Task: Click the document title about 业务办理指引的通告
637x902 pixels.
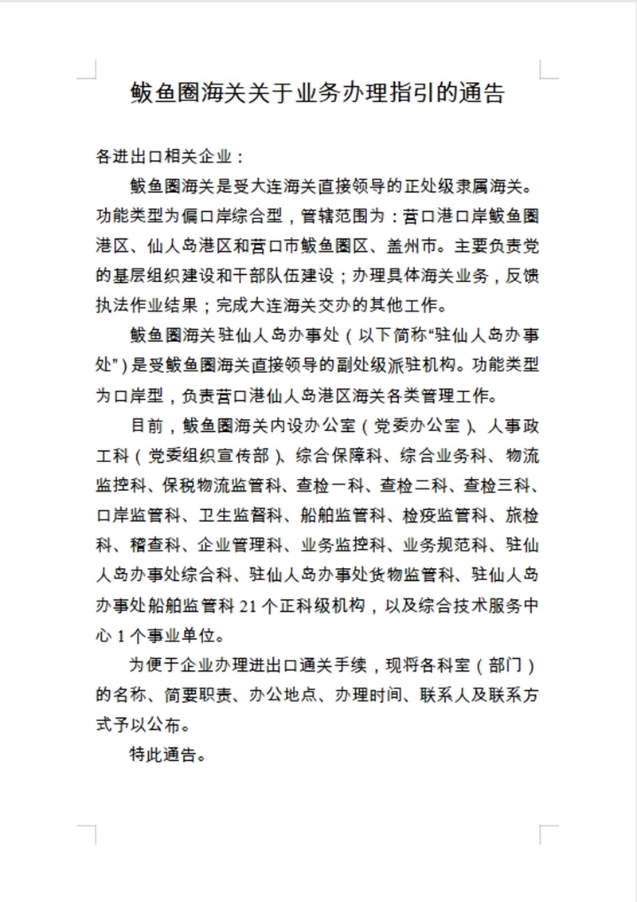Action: click(x=318, y=94)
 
